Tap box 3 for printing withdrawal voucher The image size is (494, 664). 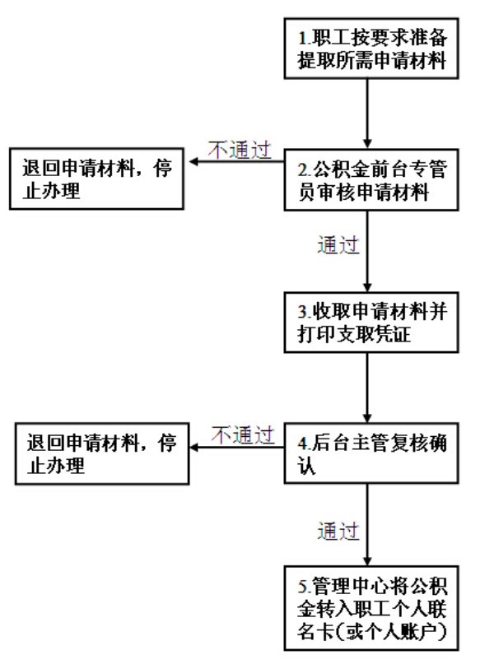pyautogui.click(x=374, y=323)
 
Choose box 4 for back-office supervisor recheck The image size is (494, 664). pyautogui.click(x=374, y=453)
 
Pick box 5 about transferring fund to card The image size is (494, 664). pyautogui.click(x=374, y=608)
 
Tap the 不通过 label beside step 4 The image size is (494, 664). pyautogui.click(x=244, y=433)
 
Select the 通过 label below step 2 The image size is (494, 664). pyautogui.click(x=338, y=244)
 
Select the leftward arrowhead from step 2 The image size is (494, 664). pyautogui.click(x=195, y=161)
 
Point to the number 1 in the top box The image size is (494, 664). pyautogui.click(x=302, y=36)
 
